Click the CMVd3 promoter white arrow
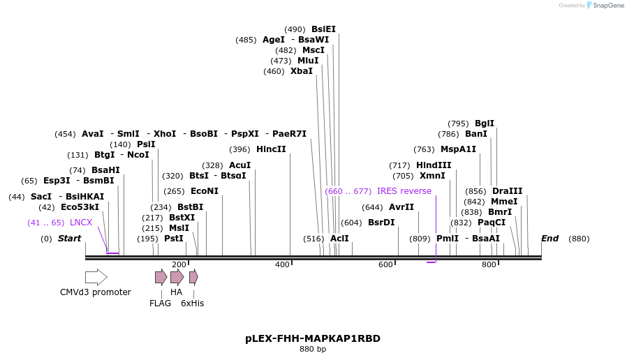click(x=96, y=277)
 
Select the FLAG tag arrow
click(x=161, y=277)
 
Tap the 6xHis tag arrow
click(x=193, y=277)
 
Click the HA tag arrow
click(x=177, y=277)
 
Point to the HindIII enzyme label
click(x=434, y=165)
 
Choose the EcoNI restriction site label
click(x=205, y=191)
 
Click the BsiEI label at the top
click(x=323, y=29)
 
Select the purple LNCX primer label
click(x=81, y=223)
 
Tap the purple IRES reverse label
click(x=404, y=191)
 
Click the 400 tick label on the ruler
click(x=282, y=264)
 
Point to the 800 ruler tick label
click(x=489, y=264)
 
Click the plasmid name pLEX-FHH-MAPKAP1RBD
click(x=313, y=338)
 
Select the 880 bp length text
click(x=313, y=350)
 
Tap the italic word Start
click(x=69, y=239)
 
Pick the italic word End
click(x=549, y=239)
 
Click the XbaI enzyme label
click(x=302, y=71)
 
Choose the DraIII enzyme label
click(x=507, y=191)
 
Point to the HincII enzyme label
click(x=271, y=149)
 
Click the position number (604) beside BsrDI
click(x=351, y=223)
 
